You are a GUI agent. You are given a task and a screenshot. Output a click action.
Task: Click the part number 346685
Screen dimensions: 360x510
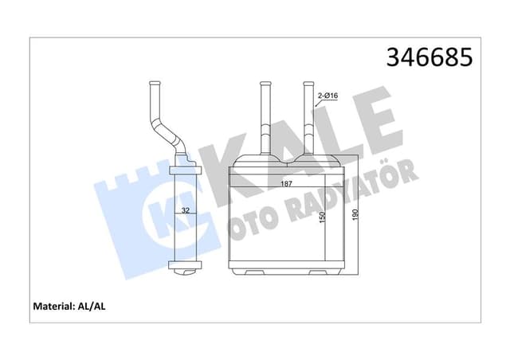coord(430,58)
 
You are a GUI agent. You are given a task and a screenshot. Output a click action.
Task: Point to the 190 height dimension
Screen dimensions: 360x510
coord(356,213)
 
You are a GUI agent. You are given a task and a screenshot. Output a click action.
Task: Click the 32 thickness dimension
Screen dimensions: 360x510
coord(185,211)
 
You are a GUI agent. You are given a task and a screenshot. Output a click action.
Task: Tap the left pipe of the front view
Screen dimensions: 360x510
coord(265,119)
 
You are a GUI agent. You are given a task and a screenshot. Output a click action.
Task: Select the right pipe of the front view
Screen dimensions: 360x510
coord(308,119)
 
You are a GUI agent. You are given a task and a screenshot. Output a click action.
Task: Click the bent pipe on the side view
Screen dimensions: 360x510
coord(164,119)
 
